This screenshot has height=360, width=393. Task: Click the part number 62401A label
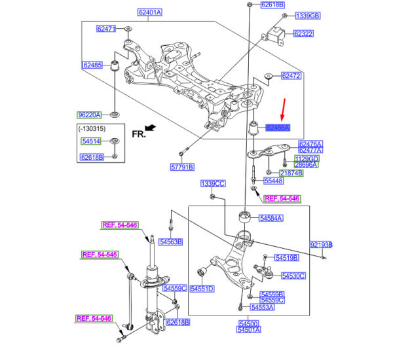pyautogui.click(x=150, y=12)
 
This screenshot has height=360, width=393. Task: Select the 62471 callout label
pyautogui.click(x=105, y=29)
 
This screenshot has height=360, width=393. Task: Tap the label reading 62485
pyautogui.click(x=92, y=65)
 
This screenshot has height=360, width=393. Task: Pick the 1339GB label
pyautogui.click(x=307, y=16)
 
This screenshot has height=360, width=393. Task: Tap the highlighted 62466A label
pyautogui.click(x=278, y=128)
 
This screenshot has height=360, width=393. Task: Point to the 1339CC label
pyautogui.click(x=213, y=184)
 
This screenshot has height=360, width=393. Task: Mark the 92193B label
pyautogui.click(x=321, y=245)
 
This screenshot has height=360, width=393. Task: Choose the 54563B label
pyautogui.click(x=171, y=242)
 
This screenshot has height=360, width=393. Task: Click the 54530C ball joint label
pyautogui.click(x=293, y=276)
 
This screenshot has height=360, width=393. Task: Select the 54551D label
pyautogui.click(x=202, y=289)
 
